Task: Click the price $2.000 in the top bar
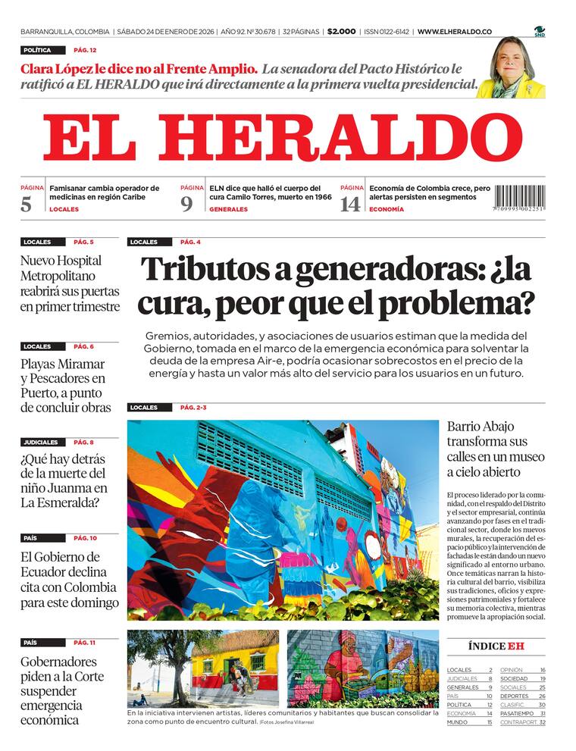coord(342,32)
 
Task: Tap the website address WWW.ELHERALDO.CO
coord(455,32)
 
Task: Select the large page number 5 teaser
coord(27,203)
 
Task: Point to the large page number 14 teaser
coord(349,203)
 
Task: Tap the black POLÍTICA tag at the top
coord(37,50)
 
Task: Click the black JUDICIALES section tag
coord(40,442)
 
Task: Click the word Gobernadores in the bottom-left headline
coord(58,662)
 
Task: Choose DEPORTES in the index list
coord(515,696)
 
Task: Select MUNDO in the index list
coord(457,722)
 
